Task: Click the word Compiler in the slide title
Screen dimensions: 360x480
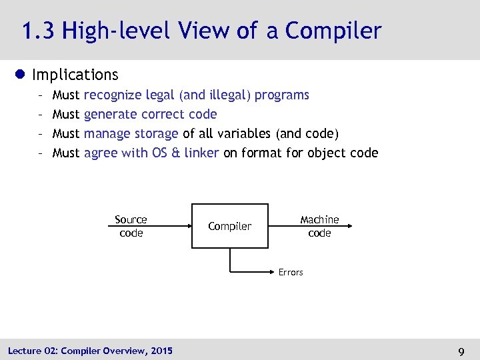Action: click(x=333, y=31)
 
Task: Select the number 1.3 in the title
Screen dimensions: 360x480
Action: click(x=38, y=31)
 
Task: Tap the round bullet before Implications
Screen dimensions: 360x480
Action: click(x=22, y=75)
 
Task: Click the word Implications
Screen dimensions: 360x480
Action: click(x=75, y=75)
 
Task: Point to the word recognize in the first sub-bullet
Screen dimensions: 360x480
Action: click(x=113, y=95)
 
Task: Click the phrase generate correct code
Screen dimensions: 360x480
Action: click(x=150, y=114)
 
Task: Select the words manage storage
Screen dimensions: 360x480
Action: click(x=131, y=133)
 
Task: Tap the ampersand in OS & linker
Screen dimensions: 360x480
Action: click(x=176, y=153)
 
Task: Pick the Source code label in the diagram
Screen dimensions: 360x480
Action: click(x=131, y=226)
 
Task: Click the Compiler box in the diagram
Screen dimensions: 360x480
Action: click(x=230, y=226)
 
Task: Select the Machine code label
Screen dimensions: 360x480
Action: click(x=319, y=226)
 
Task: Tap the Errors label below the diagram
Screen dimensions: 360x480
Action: click(x=291, y=272)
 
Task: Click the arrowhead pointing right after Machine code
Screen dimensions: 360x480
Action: click(x=349, y=227)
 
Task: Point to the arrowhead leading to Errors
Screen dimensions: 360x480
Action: click(x=273, y=272)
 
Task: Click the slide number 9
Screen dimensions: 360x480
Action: click(x=461, y=351)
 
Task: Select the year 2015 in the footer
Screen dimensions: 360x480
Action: click(x=161, y=351)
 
